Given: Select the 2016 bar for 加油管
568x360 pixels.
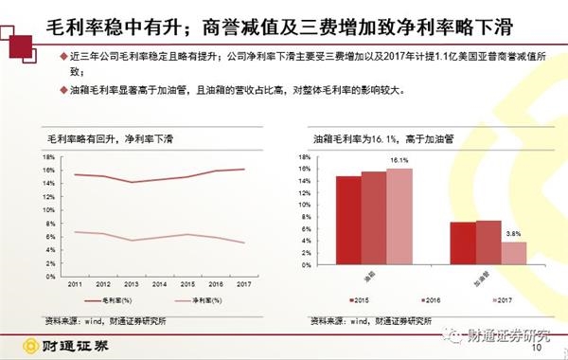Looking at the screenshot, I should tap(488, 245).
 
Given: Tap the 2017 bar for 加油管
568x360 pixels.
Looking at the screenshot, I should tap(514, 256).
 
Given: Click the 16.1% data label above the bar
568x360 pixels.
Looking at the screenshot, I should tap(399, 161).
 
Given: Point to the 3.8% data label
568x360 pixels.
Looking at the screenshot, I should tap(514, 234).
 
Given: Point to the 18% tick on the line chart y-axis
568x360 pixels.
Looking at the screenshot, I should tap(52, 156).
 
